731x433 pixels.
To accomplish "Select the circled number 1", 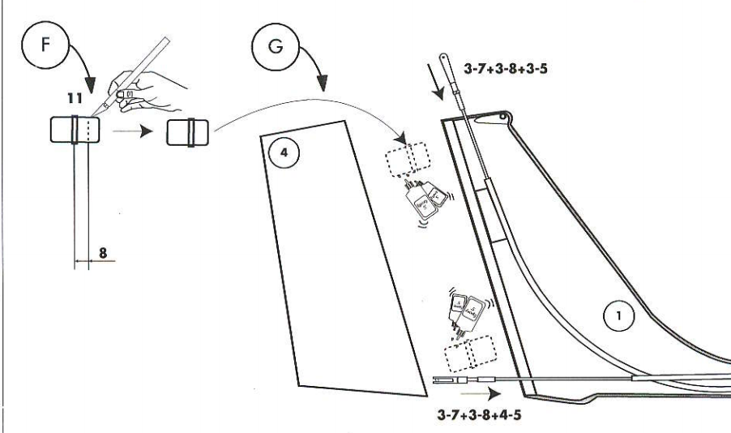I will click(x=620, y=319).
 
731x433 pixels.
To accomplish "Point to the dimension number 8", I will click(x=103, y=252).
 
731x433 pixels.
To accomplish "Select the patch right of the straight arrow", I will click(x=188, y=131).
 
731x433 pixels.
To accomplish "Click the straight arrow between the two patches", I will click(x=131, y=131).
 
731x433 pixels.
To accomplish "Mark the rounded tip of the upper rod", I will click(x=443, y=58).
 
